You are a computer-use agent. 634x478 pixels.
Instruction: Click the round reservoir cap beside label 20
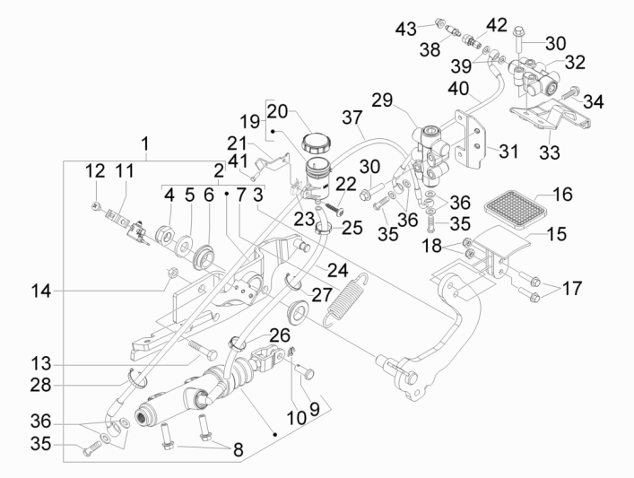click(317, 141)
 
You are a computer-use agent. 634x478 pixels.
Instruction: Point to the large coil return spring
click(343, 297)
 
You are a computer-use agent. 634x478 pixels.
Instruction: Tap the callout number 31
click(508, 152)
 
